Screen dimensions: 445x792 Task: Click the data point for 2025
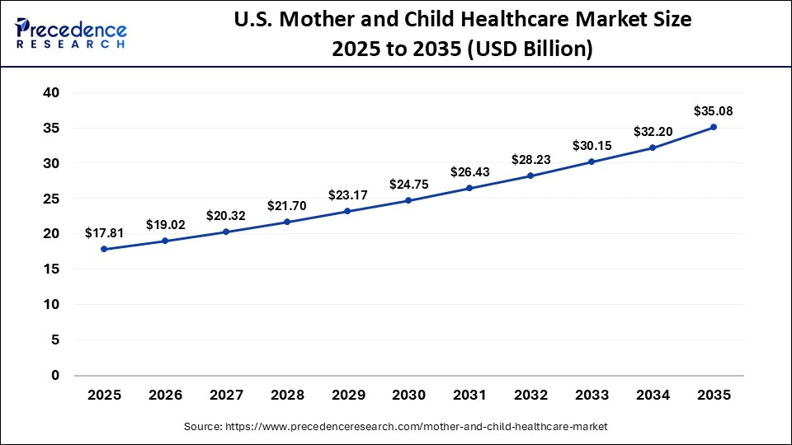(x=105, y=249)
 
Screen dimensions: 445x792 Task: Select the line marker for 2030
(x=409, y=200)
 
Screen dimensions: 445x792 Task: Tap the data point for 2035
(x=714, y=127)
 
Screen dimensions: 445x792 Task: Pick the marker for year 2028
(x=287, y=222)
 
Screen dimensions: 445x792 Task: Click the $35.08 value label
(x=714, y=110)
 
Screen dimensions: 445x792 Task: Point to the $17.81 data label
(x=105, y=233)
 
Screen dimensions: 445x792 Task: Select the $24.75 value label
(x=409, y=185)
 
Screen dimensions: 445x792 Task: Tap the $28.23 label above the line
(x=531, y=160)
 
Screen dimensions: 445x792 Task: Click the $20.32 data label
(x=227, y=216)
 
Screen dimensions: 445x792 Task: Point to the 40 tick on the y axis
(x=51, y=93)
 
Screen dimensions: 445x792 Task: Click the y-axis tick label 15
(x=51, y=269)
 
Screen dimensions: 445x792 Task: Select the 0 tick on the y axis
(x=56, y=376)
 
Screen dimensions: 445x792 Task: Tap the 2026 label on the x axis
(x=166, y=396)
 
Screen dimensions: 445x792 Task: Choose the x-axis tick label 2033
(x=592, y=396)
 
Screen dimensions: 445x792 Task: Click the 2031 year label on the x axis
(x=470, y=396)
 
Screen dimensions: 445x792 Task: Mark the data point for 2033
(x=592, y=162)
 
